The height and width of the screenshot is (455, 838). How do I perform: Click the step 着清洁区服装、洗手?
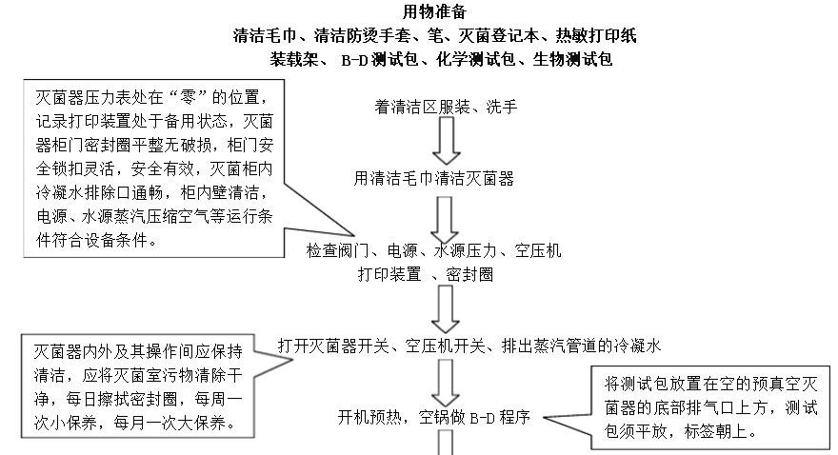(447, 107)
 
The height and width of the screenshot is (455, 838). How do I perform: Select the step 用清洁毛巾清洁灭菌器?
(434, 178)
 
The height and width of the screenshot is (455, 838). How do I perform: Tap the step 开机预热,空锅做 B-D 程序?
(433, 417)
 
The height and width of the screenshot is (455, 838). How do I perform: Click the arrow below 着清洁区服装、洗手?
(447, 140)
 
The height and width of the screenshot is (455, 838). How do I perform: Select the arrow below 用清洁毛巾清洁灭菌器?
(445, 218)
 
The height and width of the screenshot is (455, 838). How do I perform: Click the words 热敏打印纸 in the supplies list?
(597, 36)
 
